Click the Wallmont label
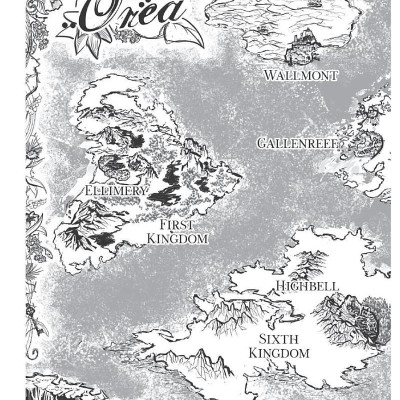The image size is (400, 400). [x=300, y=75]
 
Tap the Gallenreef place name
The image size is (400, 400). [x=299, y=143]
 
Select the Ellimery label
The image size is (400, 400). [x=116, y=190]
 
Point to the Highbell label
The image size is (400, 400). [x=308, y=287]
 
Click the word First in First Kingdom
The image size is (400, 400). [x=177, y=226]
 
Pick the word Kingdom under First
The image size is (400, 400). [x=177, y=240]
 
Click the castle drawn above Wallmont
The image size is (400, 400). [x=300, y=48]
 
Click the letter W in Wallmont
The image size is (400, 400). [x=271, y=75]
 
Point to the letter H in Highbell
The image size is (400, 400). [x=280, y=287]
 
